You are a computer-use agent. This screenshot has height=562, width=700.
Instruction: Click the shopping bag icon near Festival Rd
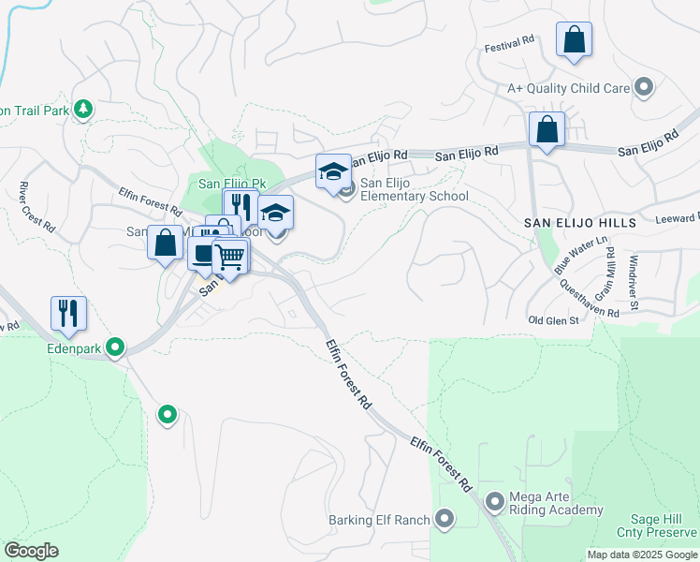pos(574,40)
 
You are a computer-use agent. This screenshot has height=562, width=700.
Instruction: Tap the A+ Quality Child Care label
pos(567,88)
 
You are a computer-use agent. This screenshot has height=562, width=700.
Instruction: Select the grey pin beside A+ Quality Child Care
pos(643,88)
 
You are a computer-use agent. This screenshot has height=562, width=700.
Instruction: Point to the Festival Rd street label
pos(509,42)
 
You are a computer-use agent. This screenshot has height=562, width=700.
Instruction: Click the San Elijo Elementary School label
pos(414,189)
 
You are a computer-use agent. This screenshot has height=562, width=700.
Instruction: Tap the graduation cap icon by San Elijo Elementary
pos(333,171)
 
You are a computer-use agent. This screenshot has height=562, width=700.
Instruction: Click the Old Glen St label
pos(554,320)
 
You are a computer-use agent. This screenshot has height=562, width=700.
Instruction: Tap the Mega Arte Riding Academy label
pos(555,503)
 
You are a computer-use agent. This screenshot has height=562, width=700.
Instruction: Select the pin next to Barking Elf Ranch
pos(445,519)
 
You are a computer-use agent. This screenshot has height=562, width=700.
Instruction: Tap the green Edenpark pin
pos(115,348)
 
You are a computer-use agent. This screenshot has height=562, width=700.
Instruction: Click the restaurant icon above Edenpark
pos(68,314)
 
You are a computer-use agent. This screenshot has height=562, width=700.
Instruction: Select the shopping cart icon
pos(230,256)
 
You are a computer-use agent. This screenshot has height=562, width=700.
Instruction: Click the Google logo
pos(31,551)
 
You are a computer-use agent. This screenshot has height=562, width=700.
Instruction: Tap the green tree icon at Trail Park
pos(83,110)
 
